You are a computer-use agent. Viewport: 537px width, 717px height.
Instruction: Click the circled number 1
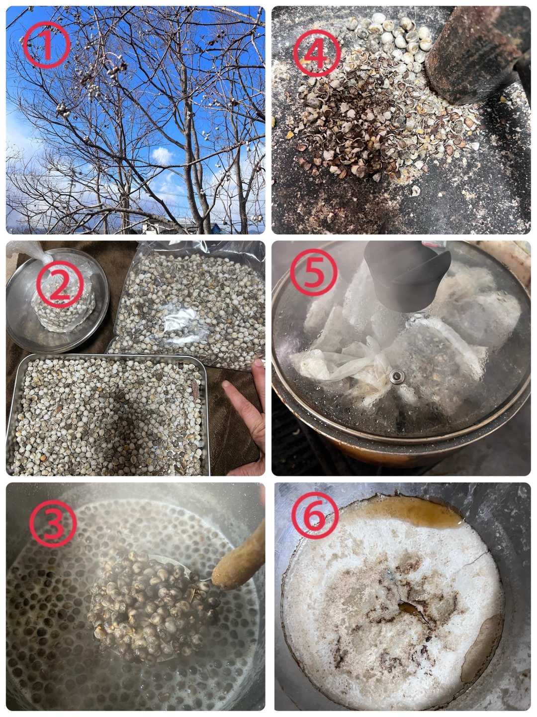coord(47,45)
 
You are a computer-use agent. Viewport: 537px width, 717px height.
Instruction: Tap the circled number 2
coord(60,285)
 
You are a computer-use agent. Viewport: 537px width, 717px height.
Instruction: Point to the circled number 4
coord(317,53)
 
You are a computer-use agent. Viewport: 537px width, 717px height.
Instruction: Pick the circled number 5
coord(314,272)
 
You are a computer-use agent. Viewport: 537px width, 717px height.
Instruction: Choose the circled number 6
coord(315,516)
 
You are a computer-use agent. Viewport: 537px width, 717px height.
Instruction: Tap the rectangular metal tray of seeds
coord(107,415)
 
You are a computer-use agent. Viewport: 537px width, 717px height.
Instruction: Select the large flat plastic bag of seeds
coord(189,305)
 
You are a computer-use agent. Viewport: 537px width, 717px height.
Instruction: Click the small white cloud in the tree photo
coord(162,155)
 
